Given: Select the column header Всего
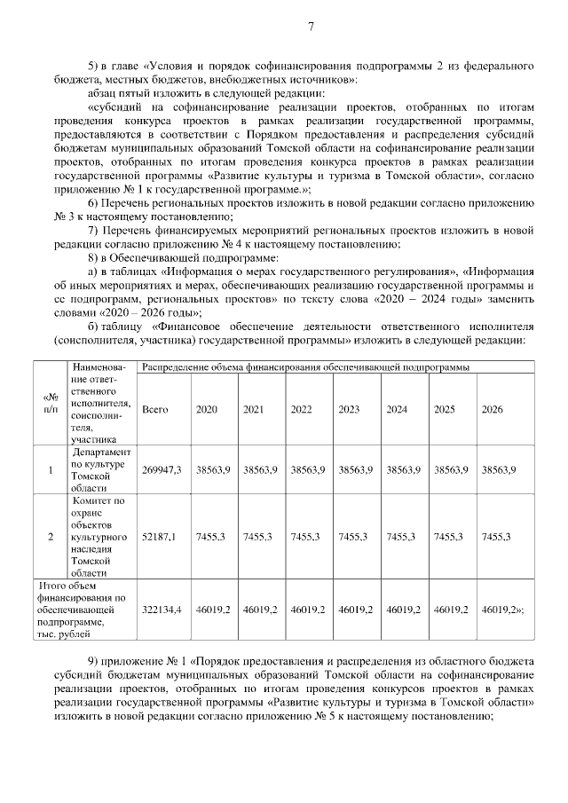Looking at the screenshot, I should [x=155, y=409].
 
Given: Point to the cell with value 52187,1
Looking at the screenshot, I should [x=160, y=537].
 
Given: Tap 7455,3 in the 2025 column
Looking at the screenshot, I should [x=451, y=537].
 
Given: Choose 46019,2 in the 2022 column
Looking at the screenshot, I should [x=309, y=610].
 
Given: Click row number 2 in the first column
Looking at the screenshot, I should [x=51, y=537].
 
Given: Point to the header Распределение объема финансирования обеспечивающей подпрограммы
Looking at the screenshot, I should [x=306, y=366].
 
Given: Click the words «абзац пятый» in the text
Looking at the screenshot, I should [x=120, y=92].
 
